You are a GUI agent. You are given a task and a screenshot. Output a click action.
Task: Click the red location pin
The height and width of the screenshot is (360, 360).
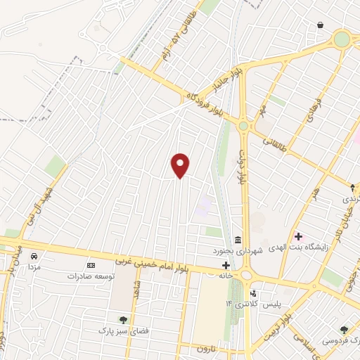click(181, 165)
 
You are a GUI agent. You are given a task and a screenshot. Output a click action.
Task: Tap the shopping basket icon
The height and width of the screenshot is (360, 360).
click(321, 25)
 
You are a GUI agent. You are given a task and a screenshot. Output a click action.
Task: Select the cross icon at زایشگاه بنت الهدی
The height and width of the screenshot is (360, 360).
click(299, 236)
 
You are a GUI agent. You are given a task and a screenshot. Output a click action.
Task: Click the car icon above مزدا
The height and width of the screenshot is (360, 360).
click(33, 257)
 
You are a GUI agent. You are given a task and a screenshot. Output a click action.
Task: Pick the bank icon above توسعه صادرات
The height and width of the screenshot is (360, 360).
click(90, 265)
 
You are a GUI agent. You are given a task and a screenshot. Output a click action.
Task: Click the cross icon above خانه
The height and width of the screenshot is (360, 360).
click(226, 265)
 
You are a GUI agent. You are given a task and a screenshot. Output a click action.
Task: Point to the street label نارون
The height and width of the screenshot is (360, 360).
click(204, 349)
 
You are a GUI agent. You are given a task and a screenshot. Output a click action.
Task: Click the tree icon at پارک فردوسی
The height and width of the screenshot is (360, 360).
click(343, 329)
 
